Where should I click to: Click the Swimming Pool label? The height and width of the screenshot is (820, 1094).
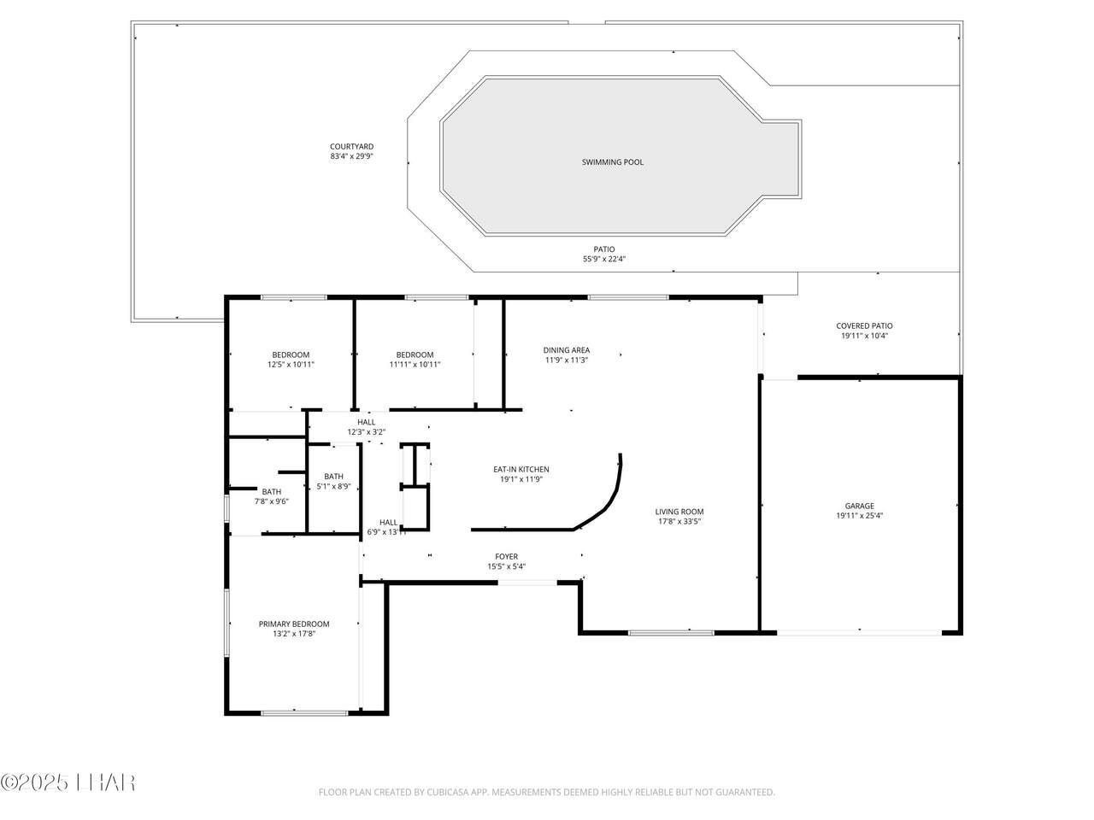(612, 162)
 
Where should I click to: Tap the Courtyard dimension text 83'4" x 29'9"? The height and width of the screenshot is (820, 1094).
(351, 156)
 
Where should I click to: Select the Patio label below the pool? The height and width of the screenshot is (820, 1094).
(603, 249)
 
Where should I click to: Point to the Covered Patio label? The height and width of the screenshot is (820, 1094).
(864, 326)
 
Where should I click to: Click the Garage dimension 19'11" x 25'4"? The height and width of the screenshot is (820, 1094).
(859, 516)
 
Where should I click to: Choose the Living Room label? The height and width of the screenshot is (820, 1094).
(679, 512)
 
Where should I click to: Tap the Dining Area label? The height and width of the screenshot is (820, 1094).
(566, 350)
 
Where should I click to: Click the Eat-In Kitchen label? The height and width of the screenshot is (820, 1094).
(521, 470)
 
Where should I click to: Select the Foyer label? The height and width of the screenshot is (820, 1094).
(506, 557)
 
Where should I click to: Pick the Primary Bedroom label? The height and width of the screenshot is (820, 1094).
(293, 624)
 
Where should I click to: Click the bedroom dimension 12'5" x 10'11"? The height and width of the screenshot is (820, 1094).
(291, 365)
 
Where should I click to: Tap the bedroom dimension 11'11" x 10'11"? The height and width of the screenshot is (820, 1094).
(415, 365)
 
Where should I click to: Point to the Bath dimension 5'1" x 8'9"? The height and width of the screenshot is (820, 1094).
(333, 486)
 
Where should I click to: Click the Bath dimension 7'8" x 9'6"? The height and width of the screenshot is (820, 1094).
(272, 501)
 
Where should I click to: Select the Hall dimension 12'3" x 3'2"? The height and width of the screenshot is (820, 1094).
(367, 432)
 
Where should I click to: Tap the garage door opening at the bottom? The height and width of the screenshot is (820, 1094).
(859, 633)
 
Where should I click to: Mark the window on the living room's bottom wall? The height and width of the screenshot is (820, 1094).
(671, 633)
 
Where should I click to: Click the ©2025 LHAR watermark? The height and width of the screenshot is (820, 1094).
(68, 782)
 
